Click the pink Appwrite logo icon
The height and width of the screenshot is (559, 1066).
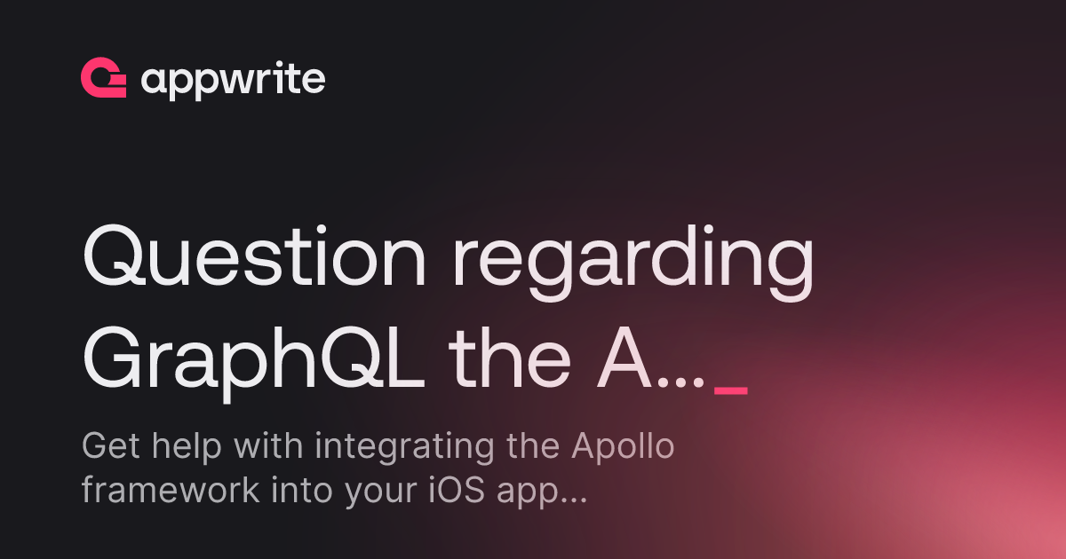point(103,77)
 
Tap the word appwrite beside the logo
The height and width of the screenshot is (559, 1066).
point(233,80)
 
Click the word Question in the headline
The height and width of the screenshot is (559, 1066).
point(254,256)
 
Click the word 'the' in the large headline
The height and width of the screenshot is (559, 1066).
point(510,357)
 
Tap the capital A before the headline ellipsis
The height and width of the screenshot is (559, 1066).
point(624,358)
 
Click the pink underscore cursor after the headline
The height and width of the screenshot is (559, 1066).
point(731,391)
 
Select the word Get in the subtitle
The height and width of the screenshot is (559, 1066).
point(111,445)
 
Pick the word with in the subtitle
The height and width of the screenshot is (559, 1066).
point(268,445)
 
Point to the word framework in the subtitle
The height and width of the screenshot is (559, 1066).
point(171,490)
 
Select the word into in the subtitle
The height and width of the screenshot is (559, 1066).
point(302,490)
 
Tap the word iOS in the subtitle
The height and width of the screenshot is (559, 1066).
point(457,490)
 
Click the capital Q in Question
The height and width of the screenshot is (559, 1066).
point(115,256)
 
